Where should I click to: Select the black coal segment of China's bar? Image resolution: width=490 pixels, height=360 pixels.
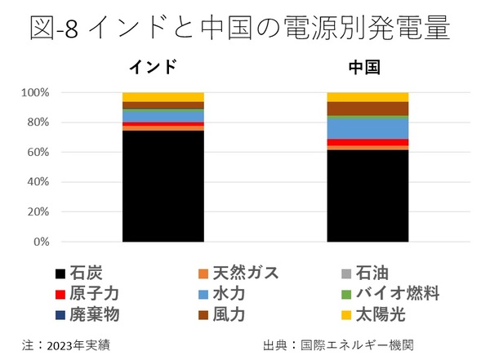tap(367, 196)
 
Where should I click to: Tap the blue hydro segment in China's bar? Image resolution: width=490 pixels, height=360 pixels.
tap(367, 129)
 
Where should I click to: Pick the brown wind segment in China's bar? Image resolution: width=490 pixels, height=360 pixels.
tap(367, 109)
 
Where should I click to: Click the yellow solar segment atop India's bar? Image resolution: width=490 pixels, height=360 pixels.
tap(163, 97)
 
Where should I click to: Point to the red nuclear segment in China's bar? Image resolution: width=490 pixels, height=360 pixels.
tap(367, 143)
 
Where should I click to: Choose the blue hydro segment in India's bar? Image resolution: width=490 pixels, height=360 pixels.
tap(163, 116)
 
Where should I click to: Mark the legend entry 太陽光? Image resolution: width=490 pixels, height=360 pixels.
tap(385, 314)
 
